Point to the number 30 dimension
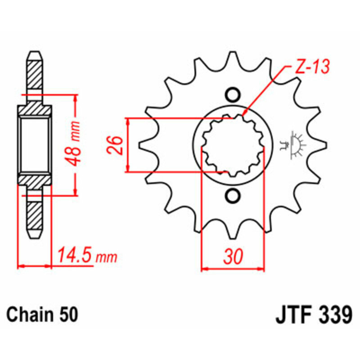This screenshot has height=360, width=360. click(233, 256)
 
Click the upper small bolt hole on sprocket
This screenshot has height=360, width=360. click(232, 95)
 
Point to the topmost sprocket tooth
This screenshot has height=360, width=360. click(232, 56)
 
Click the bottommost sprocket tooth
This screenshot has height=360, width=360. click(232, 234)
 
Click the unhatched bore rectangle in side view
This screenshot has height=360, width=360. click(35, 145)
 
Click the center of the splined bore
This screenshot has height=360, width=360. click(232, 145)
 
